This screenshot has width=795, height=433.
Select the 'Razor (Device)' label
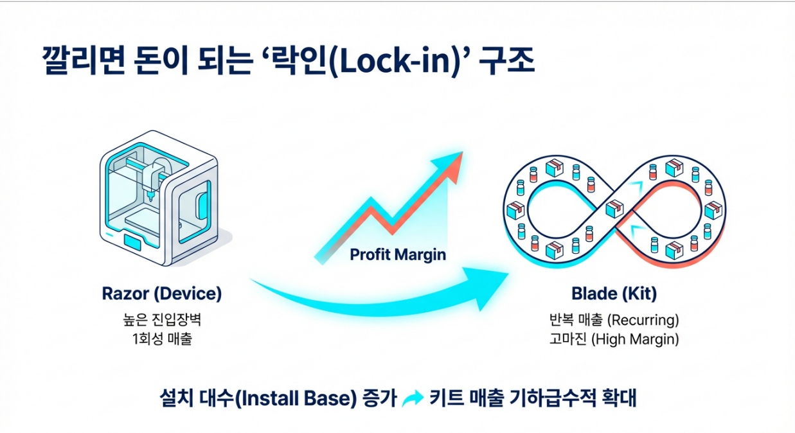coord(161,294)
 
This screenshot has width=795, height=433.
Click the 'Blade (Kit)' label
coord(614,294)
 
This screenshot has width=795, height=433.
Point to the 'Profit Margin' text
coord(398,254)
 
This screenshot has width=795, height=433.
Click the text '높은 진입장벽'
coord(161,319)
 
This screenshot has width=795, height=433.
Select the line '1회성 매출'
coord(161,339)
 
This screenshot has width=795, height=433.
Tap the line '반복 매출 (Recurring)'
coord(614,319)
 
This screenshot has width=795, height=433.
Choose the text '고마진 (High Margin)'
coord(614,339)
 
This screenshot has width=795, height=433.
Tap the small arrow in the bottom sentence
coord(412,399)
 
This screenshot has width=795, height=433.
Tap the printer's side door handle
coord(203,200)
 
